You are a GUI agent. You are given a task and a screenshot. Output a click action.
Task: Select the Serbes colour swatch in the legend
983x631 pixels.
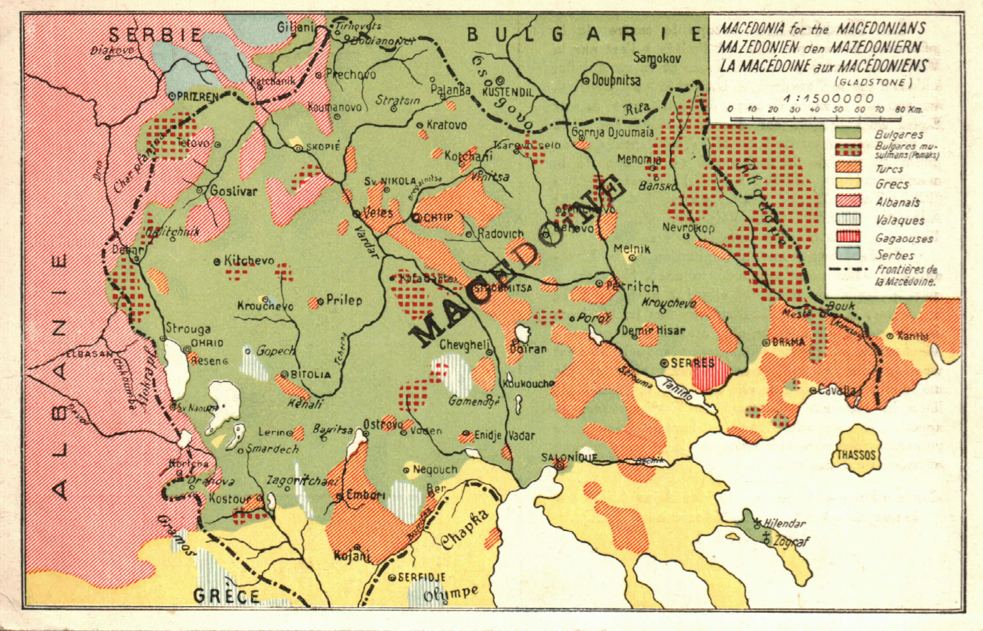click(848, 254)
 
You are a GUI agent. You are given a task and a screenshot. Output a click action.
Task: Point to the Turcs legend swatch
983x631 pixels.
click(848, 167)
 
